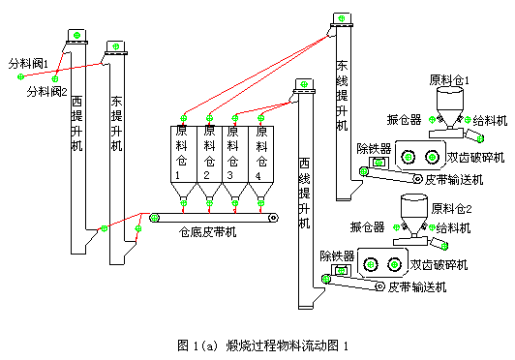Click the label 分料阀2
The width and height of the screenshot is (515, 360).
(x=46, y=92)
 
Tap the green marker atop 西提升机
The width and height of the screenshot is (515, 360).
(x=74, y=34)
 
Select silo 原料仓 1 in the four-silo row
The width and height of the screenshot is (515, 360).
(x=181, y=150)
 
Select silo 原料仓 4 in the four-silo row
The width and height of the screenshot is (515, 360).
(x=259, y=150)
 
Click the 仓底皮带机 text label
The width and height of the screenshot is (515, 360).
(x=207, y=231)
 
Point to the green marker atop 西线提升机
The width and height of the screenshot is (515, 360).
(x=304, y=87)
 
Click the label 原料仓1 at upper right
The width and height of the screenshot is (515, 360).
(x=449, y=80)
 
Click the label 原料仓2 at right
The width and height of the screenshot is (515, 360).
(x=451, y=207)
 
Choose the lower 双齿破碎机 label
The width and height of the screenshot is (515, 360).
(x=439, y=264)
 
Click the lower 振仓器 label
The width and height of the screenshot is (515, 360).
(x=367, y=227)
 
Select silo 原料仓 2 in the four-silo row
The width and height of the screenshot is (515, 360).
(x=208, y=150)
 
